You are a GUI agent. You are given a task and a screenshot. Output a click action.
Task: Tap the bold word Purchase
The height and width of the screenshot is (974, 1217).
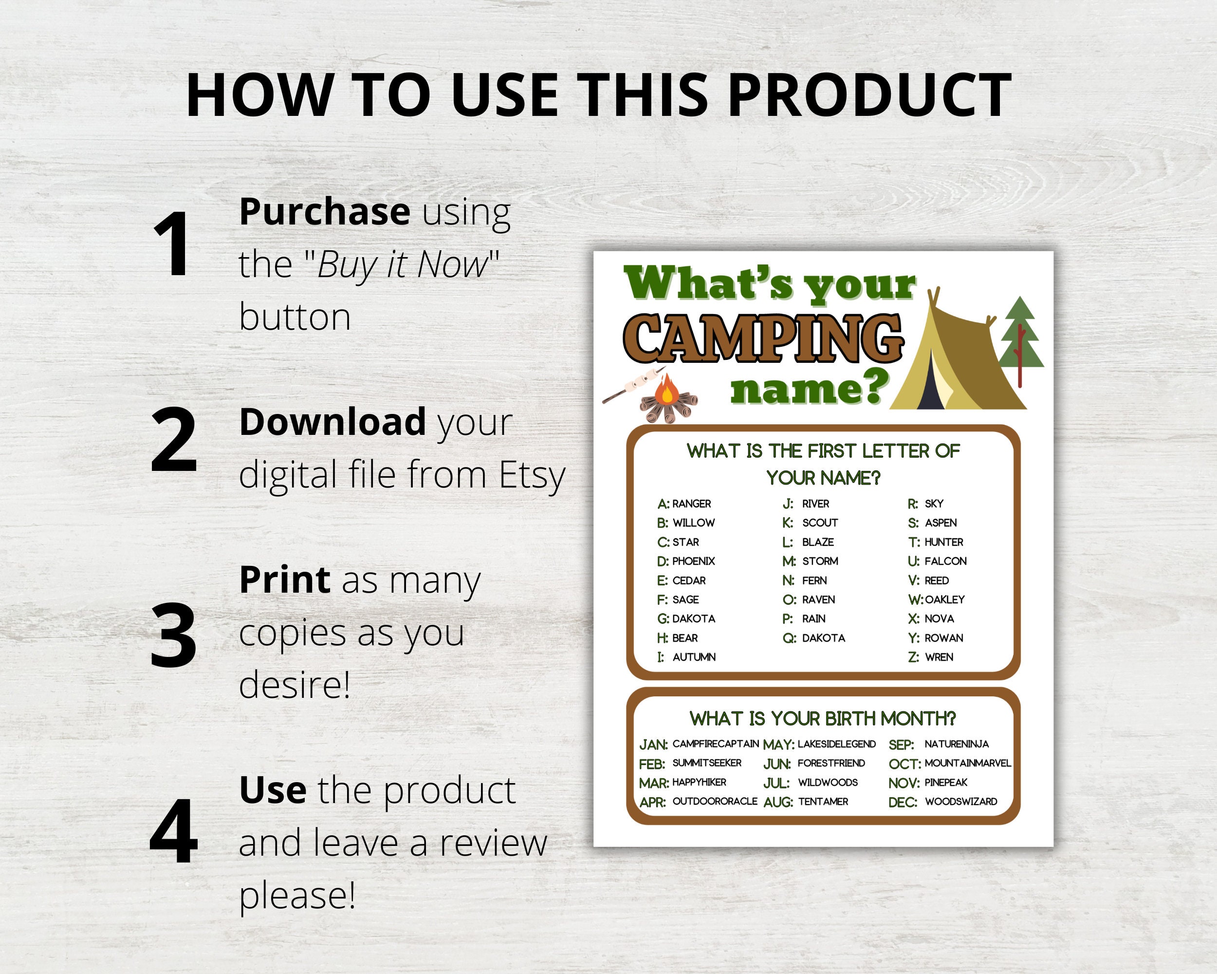[x=324, y=212]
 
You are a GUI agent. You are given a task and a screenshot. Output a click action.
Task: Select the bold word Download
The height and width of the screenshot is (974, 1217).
[x=332, y=422]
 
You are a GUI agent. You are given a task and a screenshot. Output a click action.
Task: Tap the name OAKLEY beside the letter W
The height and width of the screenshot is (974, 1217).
[x=944, y=599]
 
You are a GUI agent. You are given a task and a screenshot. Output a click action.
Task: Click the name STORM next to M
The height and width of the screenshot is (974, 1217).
[x=820, y=561]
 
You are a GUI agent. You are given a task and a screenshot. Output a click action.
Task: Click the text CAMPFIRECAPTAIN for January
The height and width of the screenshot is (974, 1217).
[x=715, y=744]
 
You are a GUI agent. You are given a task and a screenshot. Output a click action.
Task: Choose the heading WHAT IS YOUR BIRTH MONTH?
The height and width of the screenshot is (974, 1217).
[x=822, y=719]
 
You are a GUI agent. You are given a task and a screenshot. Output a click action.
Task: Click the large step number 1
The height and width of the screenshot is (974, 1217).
[x=172, y=244]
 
